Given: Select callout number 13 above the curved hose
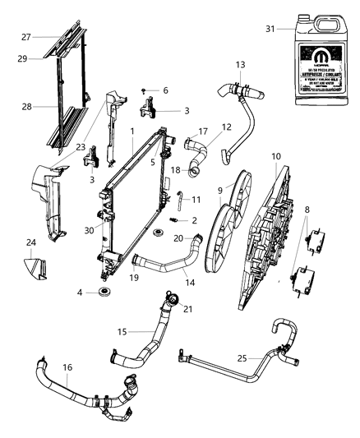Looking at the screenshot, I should pos(240,64).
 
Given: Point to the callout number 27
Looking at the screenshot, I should pos(26,36).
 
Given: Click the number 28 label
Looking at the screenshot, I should pos(26,107).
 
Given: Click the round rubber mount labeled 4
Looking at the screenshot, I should pos(105,293).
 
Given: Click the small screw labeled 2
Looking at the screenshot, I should pos(171,220).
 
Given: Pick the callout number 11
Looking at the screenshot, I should pos(196,200).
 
